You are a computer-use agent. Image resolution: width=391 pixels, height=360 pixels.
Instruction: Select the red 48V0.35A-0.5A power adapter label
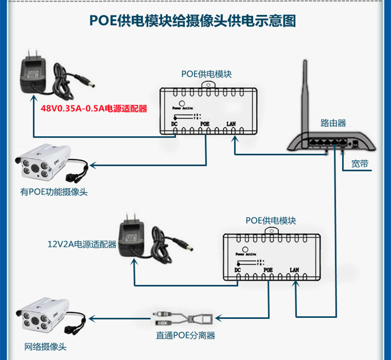[x=94, y=109]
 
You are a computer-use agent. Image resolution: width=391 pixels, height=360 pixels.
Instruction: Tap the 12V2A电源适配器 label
[x=82, y=244]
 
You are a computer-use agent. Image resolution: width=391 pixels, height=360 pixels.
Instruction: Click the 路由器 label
[x=333, y=124]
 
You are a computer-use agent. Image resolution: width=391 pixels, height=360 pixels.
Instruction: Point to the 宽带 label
[x=360, y=164]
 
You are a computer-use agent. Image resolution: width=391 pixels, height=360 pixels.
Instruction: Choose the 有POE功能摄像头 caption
[x=54, y=192]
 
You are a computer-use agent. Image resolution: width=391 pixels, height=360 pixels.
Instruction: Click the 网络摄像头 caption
[x=45, y=346]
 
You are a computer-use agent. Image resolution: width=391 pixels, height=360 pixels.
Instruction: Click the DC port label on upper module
[x=175, y=124]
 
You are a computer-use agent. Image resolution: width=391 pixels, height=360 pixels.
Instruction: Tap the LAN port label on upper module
[x=232, y=124]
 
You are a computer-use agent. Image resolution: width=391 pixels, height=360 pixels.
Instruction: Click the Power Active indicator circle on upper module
[x=182, y=103]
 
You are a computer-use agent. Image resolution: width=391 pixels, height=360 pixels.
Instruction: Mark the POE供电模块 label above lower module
[x=271, y=221]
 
